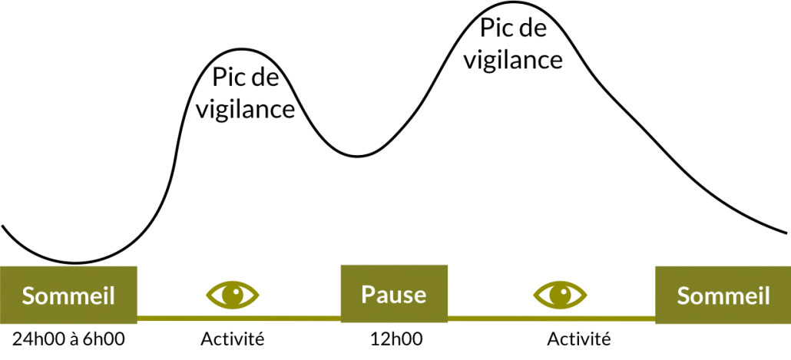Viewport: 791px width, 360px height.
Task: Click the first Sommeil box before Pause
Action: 68,296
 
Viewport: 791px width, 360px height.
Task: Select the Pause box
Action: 394,294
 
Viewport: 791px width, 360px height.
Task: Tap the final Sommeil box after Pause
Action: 723,296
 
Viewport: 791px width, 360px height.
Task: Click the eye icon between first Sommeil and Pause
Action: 233,294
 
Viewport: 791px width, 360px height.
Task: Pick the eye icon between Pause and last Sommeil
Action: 560,295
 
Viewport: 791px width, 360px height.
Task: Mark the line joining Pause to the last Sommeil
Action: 551,317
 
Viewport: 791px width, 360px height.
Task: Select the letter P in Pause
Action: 367,294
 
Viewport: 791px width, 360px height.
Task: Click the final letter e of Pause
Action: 419,296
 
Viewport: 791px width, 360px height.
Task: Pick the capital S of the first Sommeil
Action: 28,296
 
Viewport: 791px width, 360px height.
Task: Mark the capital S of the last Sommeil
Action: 683,296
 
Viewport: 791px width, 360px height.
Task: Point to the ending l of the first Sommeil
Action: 111,296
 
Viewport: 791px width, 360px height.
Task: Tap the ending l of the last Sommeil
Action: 766,296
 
